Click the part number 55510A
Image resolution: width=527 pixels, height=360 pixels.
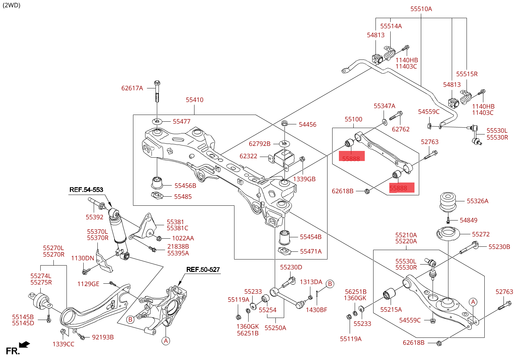coord(421,9)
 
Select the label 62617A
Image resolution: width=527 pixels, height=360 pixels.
coord(132,88)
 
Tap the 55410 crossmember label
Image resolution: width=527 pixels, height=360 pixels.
coord(194,100)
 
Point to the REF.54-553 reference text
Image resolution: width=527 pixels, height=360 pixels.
coord(86,190)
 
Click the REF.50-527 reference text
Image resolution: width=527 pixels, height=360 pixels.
coord(203,270)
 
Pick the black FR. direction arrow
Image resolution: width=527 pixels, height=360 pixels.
coord(25,345)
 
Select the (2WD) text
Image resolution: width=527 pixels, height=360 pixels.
coord(11,5)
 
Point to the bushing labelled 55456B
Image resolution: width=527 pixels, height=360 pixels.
coord(157,182)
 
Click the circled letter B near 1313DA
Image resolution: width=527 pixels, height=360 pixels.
coord(330,284)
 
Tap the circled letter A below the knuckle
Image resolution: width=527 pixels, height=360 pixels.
coord(166,341)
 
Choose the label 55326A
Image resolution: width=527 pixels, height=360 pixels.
coord(477,201)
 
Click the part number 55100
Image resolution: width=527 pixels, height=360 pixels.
coord(353,119)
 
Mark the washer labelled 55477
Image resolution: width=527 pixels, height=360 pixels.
coord(157,121)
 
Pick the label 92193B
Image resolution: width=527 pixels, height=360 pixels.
coord(103,337)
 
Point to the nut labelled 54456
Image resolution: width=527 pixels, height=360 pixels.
coord(284,123)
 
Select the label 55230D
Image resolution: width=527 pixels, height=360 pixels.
coord(291,267)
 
